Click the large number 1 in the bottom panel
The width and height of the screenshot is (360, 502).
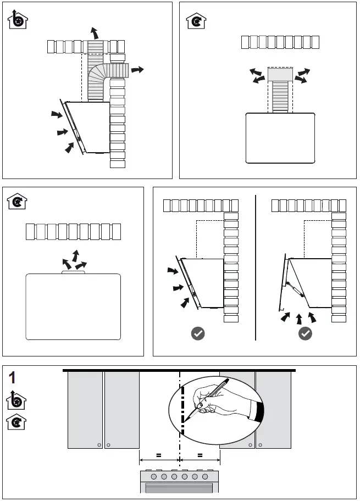click(14, 377)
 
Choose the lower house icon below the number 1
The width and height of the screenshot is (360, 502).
click(17, 423)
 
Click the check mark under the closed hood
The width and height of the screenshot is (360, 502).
click(197, 333)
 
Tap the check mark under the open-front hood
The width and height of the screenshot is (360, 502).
click(305, 333)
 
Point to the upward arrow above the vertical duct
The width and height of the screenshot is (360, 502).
click(95, 31)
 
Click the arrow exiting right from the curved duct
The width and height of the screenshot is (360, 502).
click(138, 70)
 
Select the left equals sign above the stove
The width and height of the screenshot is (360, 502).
click(159, 455)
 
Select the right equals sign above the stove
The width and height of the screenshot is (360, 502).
click(200, 455)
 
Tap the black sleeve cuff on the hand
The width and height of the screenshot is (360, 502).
click(260, 412)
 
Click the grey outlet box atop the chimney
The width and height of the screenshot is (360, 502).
click(280, 75)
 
